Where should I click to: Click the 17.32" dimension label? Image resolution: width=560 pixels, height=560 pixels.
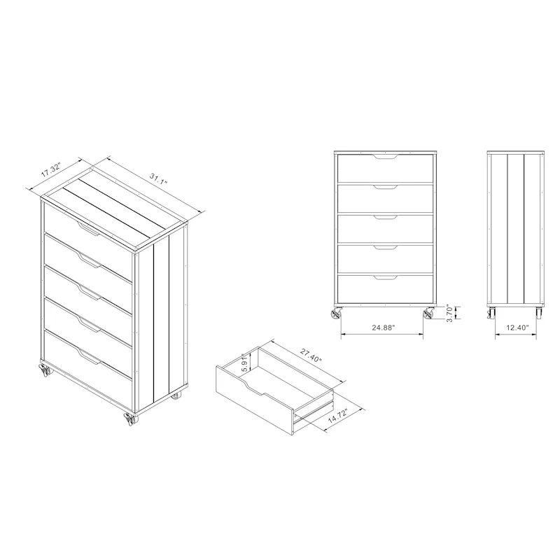[x=51, y=169]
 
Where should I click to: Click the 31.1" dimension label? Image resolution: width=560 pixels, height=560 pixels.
[x=158, y=178]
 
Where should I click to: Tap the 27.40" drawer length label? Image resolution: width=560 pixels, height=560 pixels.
[x=311, y=356]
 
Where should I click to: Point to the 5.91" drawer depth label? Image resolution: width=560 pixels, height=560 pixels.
[x=244, y=363]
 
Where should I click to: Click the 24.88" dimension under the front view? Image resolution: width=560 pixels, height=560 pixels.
[x=383, y=328]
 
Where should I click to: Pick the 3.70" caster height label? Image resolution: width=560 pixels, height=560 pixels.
[x=449, y=314]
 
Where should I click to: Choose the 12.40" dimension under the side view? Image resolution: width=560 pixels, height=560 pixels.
[x=517, y=328]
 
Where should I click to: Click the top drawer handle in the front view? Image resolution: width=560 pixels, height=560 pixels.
[x=386, y=156]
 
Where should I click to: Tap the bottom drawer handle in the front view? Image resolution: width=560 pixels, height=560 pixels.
[x=386, y=277]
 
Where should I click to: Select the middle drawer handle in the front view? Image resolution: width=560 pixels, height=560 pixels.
[x=386, y=217]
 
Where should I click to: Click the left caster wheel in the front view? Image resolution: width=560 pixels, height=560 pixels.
[x=336, y=314]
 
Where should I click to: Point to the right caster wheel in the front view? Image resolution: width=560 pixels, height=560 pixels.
[x=428, y=314]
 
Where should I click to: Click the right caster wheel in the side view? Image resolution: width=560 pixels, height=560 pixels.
[x=538, y=313]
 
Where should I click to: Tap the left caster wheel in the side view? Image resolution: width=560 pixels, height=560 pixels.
[x=491, y=313]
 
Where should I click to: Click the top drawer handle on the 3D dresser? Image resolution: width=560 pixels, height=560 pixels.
[x=88, y=229]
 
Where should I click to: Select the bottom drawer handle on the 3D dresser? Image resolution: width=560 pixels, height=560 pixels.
[x=89, y=357]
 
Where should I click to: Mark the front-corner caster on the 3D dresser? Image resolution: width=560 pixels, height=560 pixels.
[x=129, y=419]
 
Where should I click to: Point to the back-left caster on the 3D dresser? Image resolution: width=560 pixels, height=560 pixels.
[x=45, y=371]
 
